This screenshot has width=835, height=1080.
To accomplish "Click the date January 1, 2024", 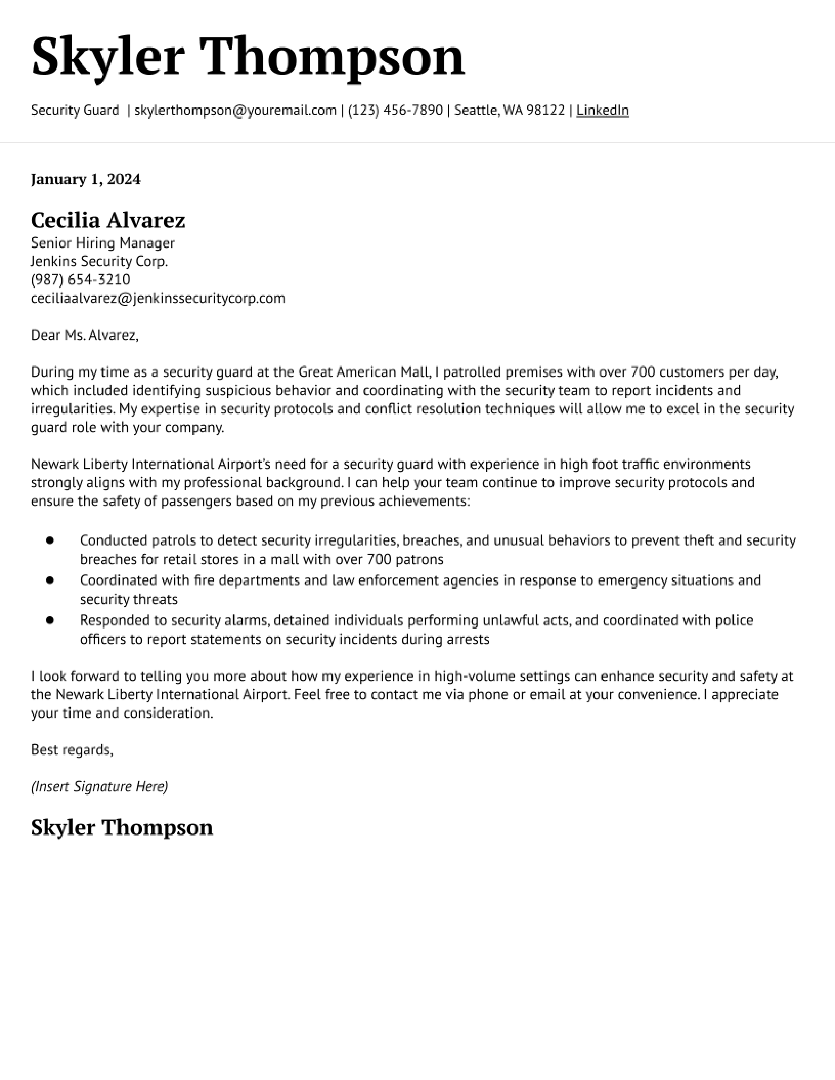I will [x=85, y=179].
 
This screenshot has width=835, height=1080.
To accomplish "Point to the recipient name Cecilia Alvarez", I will [x=108, y=220].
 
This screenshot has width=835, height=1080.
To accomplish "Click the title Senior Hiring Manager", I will [x=102, y=243].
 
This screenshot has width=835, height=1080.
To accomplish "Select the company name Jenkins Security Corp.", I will [x=99, y=261].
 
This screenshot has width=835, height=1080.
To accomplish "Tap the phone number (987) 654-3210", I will [x=80, y=279].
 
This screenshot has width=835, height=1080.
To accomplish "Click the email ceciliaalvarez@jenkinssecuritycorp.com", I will [x=158, y=298].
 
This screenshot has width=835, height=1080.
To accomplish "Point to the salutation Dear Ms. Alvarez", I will [x=84, y=335].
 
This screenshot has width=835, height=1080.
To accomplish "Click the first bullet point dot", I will [x=50, y=541].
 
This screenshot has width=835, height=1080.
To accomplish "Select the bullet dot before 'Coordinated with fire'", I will [x=50, y=581].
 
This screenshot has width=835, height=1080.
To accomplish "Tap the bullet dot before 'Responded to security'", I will [x=50, y=620].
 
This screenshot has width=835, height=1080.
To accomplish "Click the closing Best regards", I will [x=72, y=750].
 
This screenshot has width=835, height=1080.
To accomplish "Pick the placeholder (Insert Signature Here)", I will [x=99, y=787].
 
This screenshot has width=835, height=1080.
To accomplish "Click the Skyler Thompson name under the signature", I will [x=122, y=828].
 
